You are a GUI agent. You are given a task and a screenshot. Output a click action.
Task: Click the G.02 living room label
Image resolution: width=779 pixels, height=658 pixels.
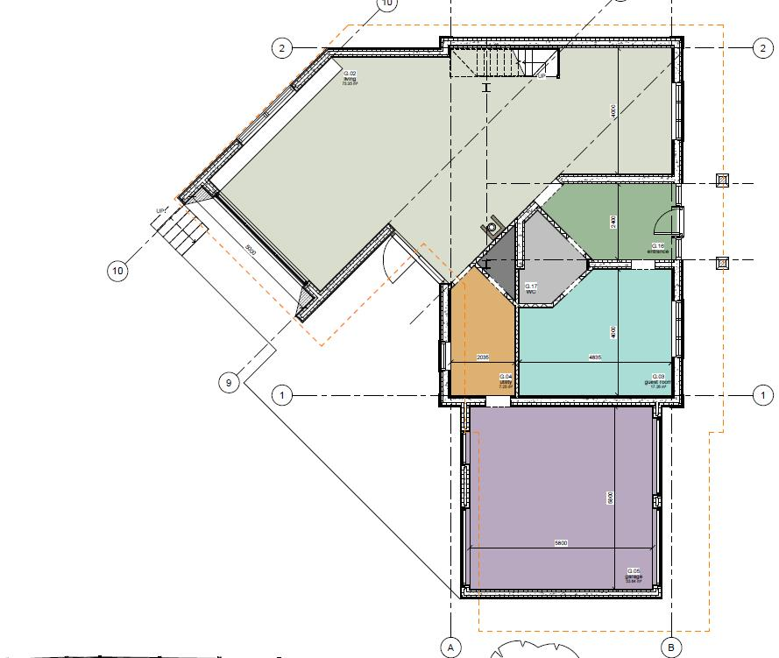point(349,78)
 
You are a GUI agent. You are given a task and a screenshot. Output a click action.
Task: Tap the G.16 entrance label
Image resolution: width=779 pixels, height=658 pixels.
point(658,248)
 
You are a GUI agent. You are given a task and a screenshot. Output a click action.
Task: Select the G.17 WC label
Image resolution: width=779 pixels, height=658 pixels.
point(531,287)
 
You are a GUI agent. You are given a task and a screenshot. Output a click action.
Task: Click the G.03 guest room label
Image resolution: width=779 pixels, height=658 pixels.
point(658,381)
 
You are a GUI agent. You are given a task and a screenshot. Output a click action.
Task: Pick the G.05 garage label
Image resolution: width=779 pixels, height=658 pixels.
point(634,575)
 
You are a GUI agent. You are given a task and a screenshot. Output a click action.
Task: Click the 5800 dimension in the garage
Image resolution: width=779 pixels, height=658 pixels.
point(561,543)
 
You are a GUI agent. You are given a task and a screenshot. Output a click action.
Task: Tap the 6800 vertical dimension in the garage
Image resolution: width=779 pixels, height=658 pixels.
point(610,498)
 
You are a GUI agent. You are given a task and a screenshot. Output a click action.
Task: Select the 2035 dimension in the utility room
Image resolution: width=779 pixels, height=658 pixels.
point(482,357)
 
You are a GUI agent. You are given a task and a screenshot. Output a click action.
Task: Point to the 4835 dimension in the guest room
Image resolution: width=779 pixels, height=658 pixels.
point(595,357)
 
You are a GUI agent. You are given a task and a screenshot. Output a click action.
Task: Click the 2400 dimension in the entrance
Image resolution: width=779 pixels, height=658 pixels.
point(613,222)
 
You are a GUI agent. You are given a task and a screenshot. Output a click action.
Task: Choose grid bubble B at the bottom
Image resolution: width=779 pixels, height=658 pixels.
point(670,647)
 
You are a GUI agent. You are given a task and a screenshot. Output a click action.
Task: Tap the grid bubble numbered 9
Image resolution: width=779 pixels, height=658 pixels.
point(229,382)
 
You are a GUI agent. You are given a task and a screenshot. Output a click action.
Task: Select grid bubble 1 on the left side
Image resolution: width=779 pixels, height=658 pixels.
point(282,395)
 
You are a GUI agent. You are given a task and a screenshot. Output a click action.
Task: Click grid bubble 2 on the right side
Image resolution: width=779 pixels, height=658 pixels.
point(760,47)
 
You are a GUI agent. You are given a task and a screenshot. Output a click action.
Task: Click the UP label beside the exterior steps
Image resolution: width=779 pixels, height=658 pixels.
point(160,211)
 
